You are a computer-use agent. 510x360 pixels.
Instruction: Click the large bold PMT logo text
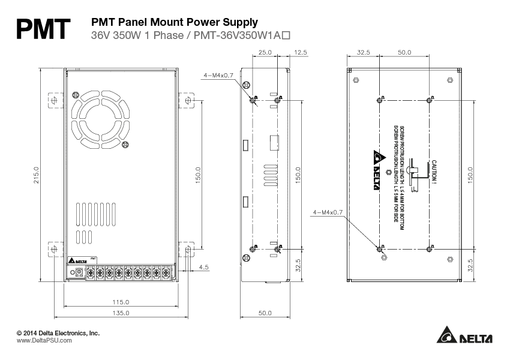(44, 28)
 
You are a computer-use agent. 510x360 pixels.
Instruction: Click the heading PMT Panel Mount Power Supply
(174, 22)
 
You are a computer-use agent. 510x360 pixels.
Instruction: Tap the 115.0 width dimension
(121, 302)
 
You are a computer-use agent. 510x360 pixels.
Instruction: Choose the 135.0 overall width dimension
(121, 313)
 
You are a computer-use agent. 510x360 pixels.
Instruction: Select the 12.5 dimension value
(300, 53)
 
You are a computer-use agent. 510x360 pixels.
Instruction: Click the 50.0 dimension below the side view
(265, 313)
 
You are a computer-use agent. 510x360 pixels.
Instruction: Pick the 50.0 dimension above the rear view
(404, 53)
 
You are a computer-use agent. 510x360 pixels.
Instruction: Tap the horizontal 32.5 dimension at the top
(363, 53)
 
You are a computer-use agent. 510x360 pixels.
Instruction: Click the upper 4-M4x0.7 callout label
(218, 75)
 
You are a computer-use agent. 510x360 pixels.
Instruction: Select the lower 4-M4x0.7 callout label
(328, 212)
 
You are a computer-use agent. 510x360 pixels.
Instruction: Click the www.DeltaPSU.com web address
(44, 340)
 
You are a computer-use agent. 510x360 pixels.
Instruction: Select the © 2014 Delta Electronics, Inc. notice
(58, 332)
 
